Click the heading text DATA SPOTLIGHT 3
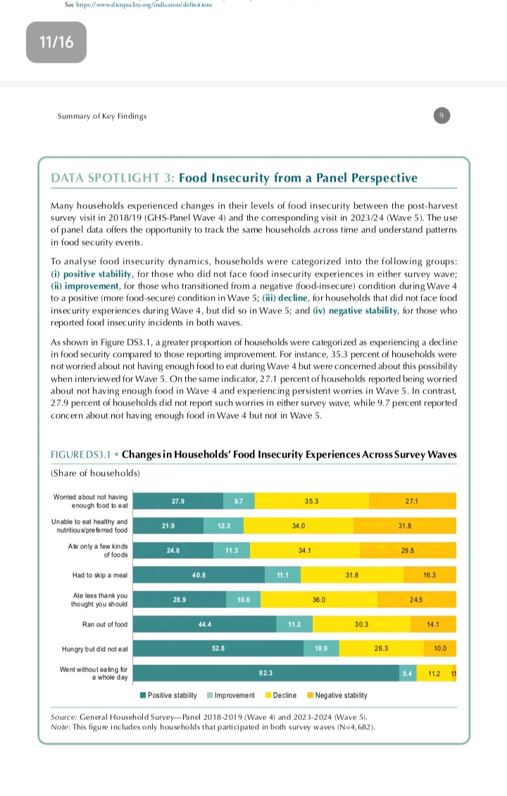(112, 178)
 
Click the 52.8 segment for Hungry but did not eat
(218, 647)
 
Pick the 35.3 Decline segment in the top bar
(311, 501)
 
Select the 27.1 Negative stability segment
(412, 501)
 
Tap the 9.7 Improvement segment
(239, 501)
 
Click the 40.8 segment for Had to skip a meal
(199, 575)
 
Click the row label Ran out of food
(104, 624)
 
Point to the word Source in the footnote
(64, 716)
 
